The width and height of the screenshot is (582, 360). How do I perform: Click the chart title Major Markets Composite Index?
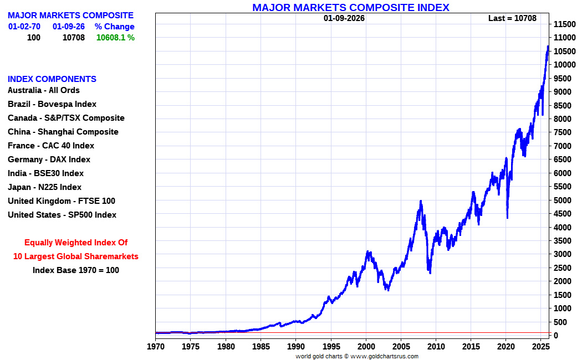coord(350,7)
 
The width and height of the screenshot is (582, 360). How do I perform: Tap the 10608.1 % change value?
coord(115,38)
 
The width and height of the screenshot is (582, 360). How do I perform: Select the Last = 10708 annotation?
coord(512,18)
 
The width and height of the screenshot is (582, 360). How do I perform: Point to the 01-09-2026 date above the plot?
coord(344,18)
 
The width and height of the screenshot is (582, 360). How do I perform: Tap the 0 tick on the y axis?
coord(555,336)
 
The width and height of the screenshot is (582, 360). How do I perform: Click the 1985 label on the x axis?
coord(261,347)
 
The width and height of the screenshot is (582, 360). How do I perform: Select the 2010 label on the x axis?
coord(436,347)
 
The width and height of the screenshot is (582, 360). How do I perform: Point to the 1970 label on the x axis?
coord(156,347)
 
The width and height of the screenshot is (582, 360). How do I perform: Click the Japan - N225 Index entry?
coord(44,187)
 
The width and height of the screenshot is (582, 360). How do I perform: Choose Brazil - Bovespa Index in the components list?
coord(52,104)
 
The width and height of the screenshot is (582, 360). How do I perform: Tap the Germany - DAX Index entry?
coord(49,160)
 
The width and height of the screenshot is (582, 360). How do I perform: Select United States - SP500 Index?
coord(62,215)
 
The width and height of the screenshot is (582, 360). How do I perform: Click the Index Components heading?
coord(52,79)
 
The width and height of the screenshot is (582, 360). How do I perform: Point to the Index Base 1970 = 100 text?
coord(76,270)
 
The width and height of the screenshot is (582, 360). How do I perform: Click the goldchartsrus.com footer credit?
coord(357,356)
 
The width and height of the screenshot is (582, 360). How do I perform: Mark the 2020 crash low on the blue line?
coord(507,218)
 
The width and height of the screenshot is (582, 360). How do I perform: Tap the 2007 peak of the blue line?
coord(421,201)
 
